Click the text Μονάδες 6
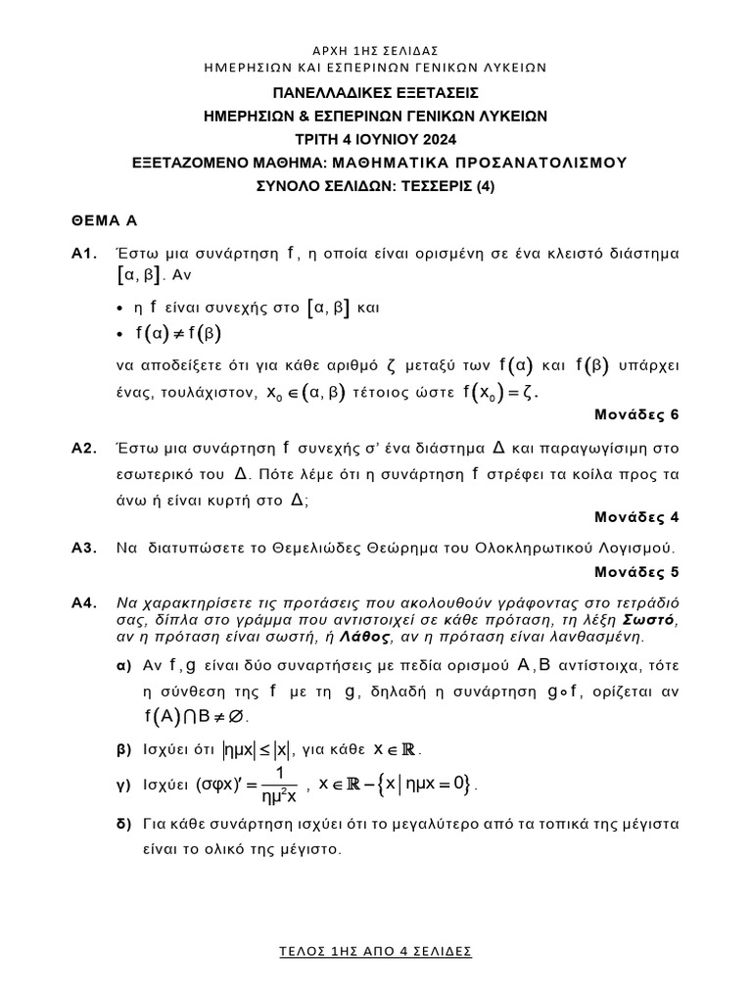[x=637, y=414]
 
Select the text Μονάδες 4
[x=637, y=517]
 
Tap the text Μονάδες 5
[x=637, y=571]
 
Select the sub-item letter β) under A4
[x=123, y=750]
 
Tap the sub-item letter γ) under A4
[x=123, y=786]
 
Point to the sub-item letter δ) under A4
[x=123, y=825]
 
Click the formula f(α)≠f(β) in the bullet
[x=178, y=334]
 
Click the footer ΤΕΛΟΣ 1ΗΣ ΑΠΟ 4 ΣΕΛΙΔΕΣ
[x=375, y=951]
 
